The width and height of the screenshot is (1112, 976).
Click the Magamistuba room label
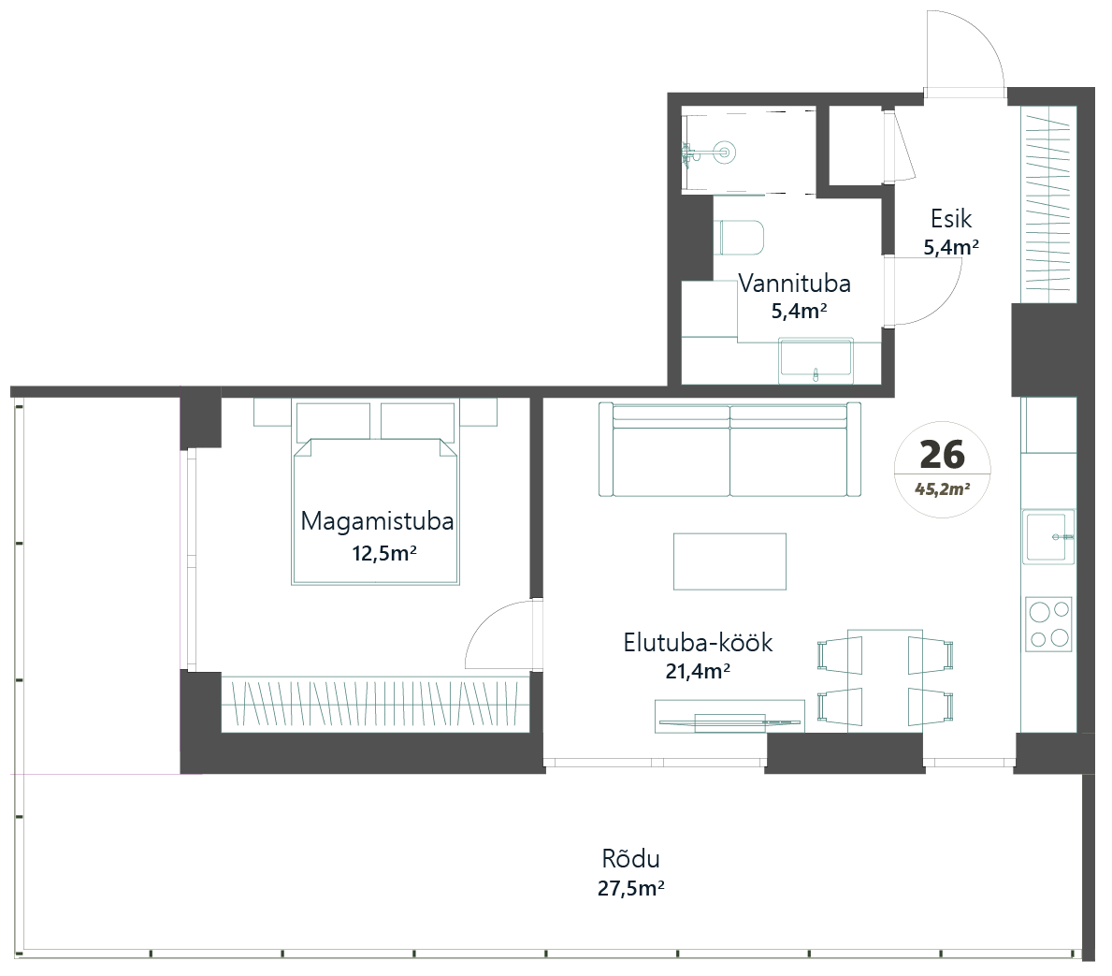tap(377, 521)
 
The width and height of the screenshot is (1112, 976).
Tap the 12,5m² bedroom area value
tap(383, 553)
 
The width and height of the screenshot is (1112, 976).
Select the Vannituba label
tap(794, 284)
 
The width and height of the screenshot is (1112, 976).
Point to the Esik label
tap(951, 219)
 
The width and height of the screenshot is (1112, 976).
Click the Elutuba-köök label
tap(698, 642)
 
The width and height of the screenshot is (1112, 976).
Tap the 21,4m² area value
tap(698, 671)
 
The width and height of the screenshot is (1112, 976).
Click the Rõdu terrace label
tap(630, 858)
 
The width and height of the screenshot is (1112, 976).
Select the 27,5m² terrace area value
tap(630, 888)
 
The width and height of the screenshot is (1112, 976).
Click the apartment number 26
tap(943, 454)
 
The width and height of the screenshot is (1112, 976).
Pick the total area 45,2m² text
tap(943, 489)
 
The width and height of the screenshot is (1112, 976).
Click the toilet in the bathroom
tap(741, 237)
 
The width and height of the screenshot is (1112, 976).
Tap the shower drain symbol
tap(725, 152)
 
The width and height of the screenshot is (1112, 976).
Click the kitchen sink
tap(1048, 536)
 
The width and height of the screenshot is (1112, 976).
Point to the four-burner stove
tap(1048, 624)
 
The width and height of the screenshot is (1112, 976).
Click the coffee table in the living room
tap(729, 561)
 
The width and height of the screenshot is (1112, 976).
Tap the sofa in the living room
tap(729, 449)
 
